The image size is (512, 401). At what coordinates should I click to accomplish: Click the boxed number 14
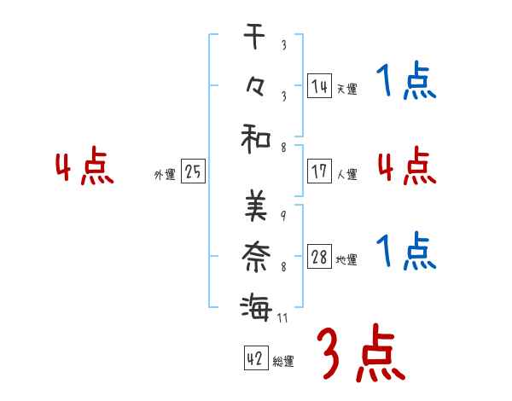319,85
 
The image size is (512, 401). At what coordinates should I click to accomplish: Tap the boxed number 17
319,171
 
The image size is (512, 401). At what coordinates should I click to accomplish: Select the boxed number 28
319,257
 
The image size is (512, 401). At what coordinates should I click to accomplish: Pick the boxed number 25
193,172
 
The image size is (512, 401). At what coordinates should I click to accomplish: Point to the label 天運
346,89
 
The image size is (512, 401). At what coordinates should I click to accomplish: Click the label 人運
346,174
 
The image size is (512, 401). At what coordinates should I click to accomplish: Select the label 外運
165,175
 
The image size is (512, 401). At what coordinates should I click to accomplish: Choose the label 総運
282,361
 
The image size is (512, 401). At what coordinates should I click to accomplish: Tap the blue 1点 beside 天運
405,83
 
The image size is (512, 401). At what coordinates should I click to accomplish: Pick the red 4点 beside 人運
405,166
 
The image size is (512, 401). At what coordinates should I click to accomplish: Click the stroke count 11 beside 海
283,318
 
